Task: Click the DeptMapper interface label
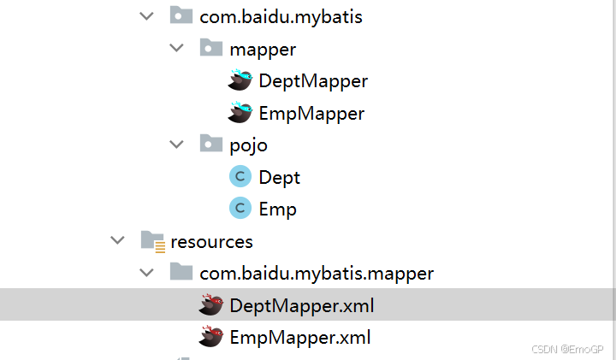pyautogui.click(x=313, y=81)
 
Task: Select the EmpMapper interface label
pyautogui.click(x=311, y=113)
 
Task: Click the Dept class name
pyautogui.click(x=280, y=177)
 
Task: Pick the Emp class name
pyautogui.click(x=278, y=209)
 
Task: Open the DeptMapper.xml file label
pyautogui.click(x=302, y=305)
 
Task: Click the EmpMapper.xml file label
pyautogui.click(x=300, y=337)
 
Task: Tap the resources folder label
pyautogui.click(x=212, y=241)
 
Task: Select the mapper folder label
pyautogui.click(x=264, y=49)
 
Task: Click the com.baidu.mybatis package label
pyautogui.click(x=281, y=16)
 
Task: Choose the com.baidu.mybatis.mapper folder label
pyautogui.click(x=317, y=274)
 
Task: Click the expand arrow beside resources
pyautogui.click(x=117, y=241)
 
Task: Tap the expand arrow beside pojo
pyautogui.click(x=176, y=145)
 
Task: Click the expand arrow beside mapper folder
pyautogui.click(x=176, y=49)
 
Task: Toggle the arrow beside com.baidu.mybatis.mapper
pyautogui.click(x=147, y=274)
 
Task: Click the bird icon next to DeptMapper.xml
pyautogui.click(x=210, y=305)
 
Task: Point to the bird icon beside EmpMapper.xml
pyautogui.click(x=210, y=337)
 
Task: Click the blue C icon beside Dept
pyautogui.click(x=240, y=177)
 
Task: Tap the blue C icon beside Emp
pyautogui.click(x=240, y=209)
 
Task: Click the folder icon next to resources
pyautogui.click(x=152, y=242)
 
